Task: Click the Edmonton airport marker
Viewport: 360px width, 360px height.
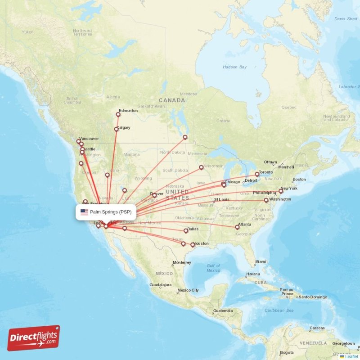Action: [x=118, y=115]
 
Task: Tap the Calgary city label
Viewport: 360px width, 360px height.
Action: [x=123, y=127]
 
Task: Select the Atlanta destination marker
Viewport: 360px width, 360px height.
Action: [x=237, y=227]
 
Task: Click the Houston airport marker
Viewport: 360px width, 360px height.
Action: [x=193, y=245]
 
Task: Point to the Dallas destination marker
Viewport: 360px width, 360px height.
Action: [x=185, y=231]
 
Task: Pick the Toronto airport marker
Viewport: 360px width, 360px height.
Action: [x=257, y=174]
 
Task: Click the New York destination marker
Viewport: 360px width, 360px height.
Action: [x=281, y=191]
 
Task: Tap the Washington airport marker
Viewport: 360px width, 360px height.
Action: [x=266, y=200]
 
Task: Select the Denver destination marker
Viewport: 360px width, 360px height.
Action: [x=154, y=195]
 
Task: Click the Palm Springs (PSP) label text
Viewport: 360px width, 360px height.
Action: [x=111, y=212]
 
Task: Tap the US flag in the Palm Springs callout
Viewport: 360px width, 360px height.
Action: [x=84, y=212]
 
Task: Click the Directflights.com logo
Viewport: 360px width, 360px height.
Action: [x=34, y=338]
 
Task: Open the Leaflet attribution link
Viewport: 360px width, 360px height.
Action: [x=351, y=356]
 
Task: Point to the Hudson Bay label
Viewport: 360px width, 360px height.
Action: [x=235, y=67]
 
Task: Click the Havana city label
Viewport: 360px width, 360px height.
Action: [x=253, y=274]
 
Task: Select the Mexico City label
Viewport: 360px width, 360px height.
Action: [x=188, y=290]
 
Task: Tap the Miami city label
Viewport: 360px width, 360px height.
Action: [x=261, y=261]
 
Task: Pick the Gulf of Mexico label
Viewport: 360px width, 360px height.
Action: [x=213, y=268]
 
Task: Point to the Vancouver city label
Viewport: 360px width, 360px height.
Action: [x=89, y=139]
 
